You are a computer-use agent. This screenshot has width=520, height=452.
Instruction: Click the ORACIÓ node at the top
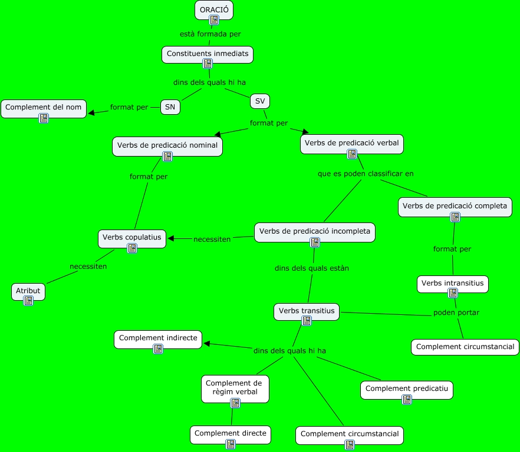214,10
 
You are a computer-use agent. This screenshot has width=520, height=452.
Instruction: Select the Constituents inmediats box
208,54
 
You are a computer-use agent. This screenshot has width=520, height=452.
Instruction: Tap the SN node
170,107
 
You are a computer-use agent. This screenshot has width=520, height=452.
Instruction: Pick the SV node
260,101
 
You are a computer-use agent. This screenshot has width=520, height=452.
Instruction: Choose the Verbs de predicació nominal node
167,145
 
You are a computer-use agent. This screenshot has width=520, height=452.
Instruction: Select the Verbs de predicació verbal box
352,143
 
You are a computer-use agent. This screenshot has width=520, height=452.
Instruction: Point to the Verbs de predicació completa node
455,206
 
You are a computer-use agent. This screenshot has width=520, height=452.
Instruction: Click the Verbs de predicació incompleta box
315,231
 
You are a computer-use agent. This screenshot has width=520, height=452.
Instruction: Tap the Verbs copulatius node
131,237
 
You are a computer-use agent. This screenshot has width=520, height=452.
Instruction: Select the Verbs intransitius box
453,283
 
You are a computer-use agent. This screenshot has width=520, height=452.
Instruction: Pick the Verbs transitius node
307,311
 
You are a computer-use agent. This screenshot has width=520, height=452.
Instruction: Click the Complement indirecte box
158,338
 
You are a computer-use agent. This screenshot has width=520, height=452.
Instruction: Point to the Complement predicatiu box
407,389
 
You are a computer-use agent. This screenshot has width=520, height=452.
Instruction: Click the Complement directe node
231,434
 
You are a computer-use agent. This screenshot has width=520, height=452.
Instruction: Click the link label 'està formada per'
210,34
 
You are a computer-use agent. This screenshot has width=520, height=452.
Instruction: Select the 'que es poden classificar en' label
366,174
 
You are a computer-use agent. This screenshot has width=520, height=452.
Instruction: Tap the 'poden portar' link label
456,313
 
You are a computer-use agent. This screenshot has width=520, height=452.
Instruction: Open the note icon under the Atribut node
28,301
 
